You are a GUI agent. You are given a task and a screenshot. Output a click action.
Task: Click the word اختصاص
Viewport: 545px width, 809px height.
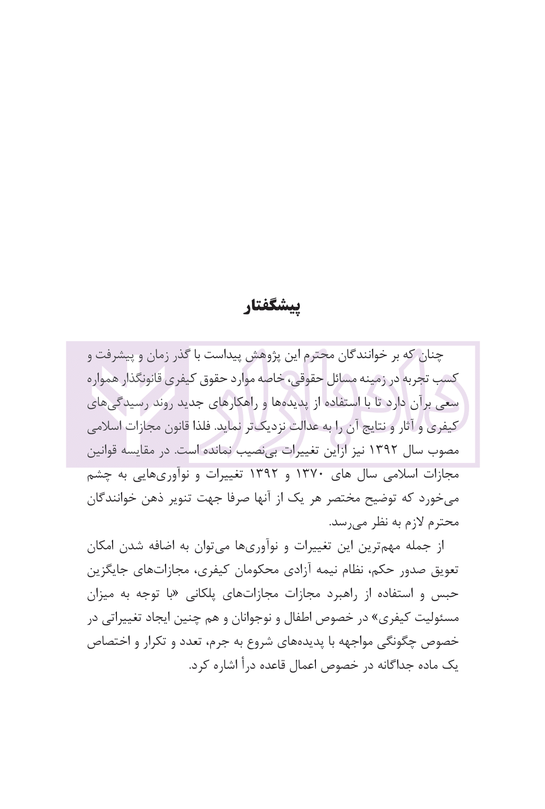(104, 642)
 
